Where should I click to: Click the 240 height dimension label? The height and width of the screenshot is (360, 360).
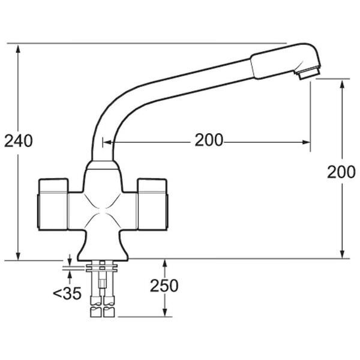pyautogui.click(x=18, y=141)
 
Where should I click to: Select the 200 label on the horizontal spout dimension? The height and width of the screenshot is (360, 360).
pyautogui.click(x=208, y=141)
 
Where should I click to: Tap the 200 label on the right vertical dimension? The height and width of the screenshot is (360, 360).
pyautogui.click(x=341, y=172)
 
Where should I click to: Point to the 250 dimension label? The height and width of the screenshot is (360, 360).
pyautogui.click(x=164, y=286)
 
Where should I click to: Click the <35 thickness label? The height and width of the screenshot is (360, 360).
pyautogui.click(x=67, y=294)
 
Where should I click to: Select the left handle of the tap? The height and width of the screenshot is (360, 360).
pyautogui.click(x=53, y=204)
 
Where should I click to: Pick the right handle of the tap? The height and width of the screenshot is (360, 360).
pyautogui.click(x=154, y=204)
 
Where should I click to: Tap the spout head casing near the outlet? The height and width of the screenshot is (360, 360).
pyautogui.click(x=282, y=61)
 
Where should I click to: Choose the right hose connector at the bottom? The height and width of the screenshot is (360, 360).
pyautogui.click(x=109, y=309)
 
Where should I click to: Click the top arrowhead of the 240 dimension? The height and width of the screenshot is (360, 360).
pyautogui.click(x=19, y=47)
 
